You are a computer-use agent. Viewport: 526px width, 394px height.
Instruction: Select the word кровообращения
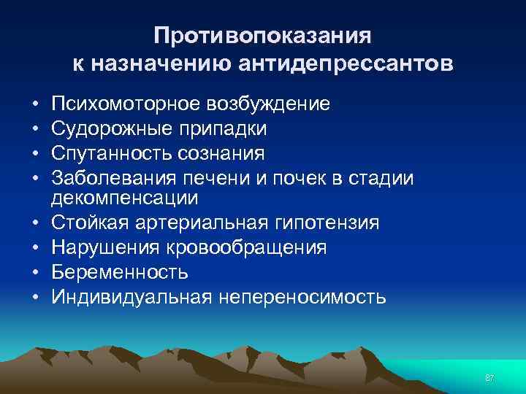pos(248,247)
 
